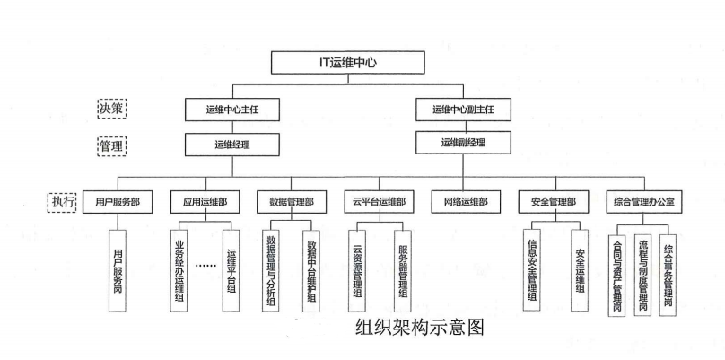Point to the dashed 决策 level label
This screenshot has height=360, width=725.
pos(111,108)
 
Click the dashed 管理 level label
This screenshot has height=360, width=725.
pos(111,144)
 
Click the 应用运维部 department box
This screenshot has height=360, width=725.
pos(205,202)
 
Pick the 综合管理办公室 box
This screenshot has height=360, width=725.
pos(645,202)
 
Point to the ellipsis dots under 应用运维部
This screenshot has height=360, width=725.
pos(205,267)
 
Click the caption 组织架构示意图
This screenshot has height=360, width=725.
pos(419,328)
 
